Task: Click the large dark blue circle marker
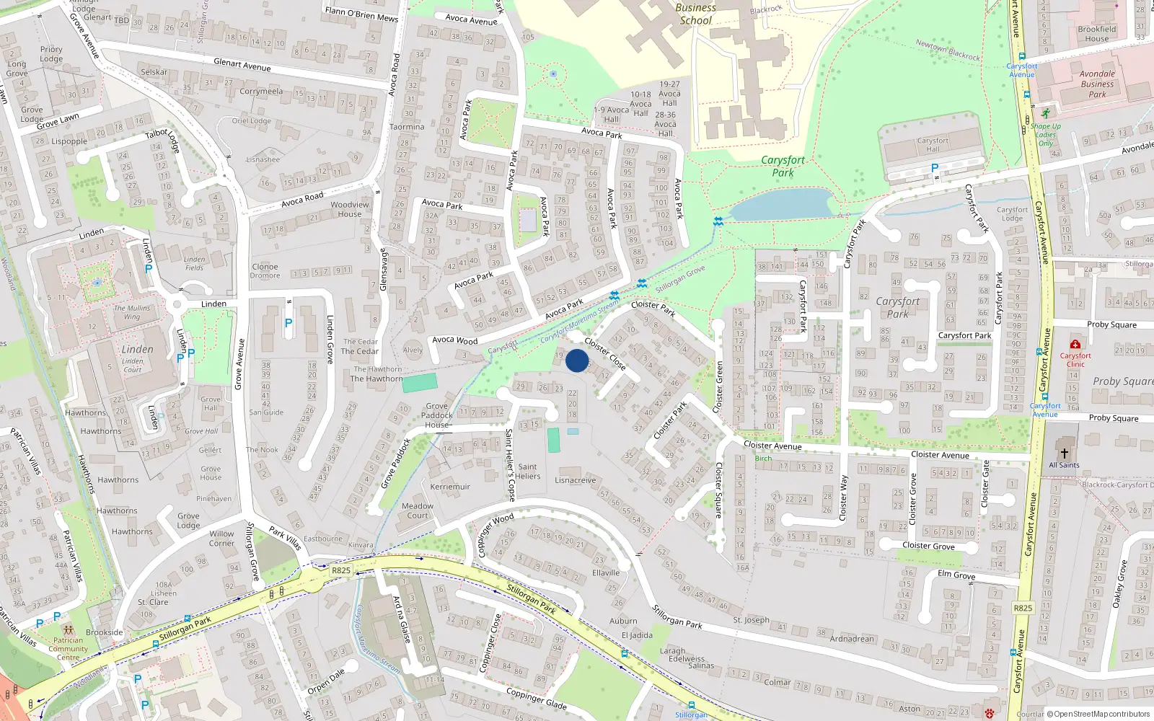click(577, 360)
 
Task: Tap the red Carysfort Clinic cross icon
click(1075, 345)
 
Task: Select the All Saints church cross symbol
click(1064, 454)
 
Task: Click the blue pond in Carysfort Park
click(782, 203)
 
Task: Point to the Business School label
click(696, 14)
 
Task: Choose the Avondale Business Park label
click(1097, 84)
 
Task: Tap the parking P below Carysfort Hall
click(935, 168)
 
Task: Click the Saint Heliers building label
click(527, 472)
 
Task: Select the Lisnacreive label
click(576, 480)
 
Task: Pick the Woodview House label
click(350, 209)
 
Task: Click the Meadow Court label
click(418, 510)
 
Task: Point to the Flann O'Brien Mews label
click(361, 14)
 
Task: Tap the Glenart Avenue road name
click(242, 65)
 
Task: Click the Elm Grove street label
click(956, 575)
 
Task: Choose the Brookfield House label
click(1096, 34)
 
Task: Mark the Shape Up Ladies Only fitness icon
click(1045, 113)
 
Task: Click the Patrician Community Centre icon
click(68, 629)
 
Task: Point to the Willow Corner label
click(221, 539)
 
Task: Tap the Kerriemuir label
click(450, 487)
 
